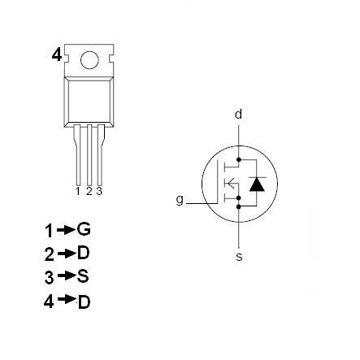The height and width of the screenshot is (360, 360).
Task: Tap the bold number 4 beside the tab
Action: pos(56,54)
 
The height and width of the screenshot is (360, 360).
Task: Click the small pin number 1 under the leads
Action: pos(78,192)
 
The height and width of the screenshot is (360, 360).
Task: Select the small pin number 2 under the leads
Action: pos(89,192)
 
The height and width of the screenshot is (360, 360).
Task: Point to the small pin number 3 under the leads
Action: pos(98,192)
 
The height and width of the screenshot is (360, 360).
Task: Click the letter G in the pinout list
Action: pos(83,229)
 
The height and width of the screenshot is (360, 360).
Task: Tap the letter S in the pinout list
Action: pos(82,276)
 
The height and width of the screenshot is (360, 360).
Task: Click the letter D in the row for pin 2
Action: pos(83,253)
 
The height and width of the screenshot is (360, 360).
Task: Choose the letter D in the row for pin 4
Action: pos(83,301)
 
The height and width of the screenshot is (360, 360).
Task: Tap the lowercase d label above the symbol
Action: pos(238,115)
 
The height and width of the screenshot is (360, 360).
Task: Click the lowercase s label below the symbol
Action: pos(238,257)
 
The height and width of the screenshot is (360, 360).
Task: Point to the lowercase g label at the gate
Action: pos(180,199)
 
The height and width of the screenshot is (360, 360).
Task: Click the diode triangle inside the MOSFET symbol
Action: pos(257,184)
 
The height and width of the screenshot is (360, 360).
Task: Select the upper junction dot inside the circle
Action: pos(238,158)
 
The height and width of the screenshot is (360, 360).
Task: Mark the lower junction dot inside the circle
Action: pos(238,206)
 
